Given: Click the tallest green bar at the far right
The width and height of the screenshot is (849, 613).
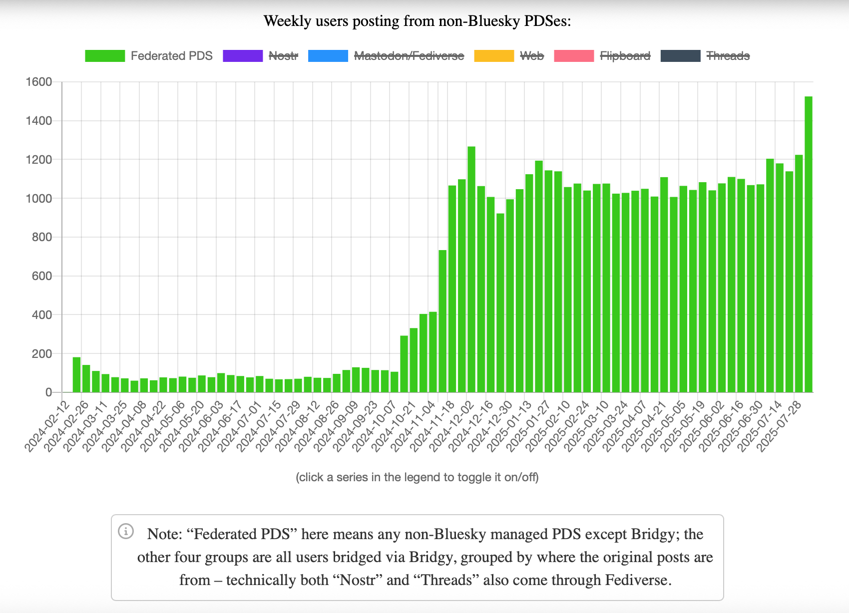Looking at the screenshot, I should click(x=809, y=245).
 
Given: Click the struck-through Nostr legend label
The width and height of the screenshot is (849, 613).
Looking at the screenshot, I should click(x=283, y=56).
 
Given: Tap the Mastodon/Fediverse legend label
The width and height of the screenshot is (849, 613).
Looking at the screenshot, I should click(x=409, y=56).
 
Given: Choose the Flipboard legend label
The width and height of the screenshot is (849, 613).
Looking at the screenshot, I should click(x=625, y=56).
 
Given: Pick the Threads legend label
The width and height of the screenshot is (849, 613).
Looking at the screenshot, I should click(x=728, y=56).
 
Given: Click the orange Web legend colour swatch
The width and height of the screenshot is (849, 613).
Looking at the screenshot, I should click(x=493, y=56).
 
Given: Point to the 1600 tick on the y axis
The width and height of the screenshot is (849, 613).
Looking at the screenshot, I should click(x=39, y=82).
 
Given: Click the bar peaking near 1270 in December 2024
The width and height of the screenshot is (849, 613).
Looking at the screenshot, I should click(x=471, y=270).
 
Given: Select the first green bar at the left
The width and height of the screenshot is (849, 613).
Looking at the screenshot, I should click(x=76, y=375).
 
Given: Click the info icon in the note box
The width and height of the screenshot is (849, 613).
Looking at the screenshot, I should click(x=126, y=531).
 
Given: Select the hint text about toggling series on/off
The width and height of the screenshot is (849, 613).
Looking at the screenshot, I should click(x=417, y=477).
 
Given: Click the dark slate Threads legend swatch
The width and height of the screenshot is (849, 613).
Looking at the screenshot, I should click(x=680, y=56).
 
